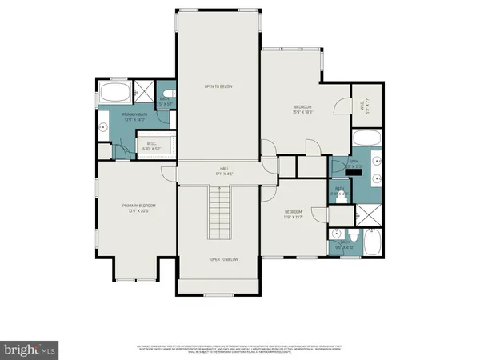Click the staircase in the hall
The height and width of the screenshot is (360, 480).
tap(218, 212)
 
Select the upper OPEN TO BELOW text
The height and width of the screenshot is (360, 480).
tap(218, 86)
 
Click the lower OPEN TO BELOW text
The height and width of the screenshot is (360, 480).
tap(218, 260)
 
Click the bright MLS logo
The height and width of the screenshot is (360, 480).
tap(30, 349)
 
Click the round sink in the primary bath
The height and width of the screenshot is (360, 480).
tap(103, 126)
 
